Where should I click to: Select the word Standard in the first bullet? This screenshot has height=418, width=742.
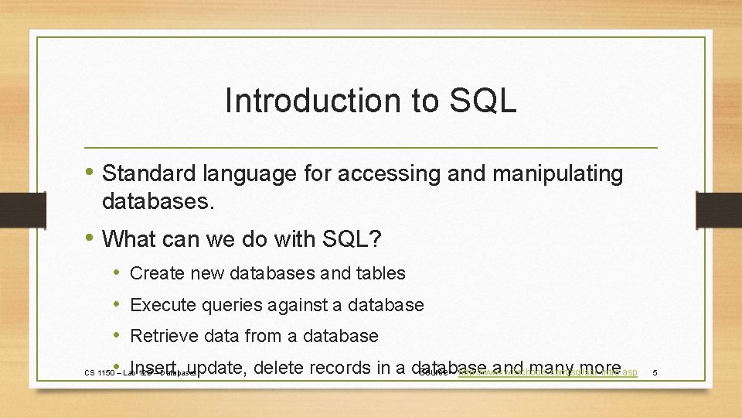pos(148,174)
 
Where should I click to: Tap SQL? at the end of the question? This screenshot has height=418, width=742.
pos(353,239)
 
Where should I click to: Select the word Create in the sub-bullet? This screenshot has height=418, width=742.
pos(156,273)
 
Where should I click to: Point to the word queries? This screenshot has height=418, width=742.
pos(231,306)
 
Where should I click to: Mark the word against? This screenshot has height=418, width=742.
pos(297,305)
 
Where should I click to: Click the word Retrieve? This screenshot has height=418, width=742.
pos(163,336)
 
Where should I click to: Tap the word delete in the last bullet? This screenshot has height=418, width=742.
pos(281,367)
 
